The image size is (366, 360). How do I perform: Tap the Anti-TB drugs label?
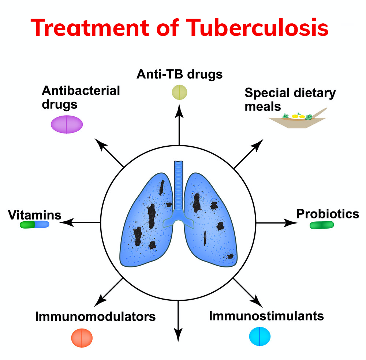[179, 74]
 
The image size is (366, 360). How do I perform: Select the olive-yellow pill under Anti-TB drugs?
[179, 92]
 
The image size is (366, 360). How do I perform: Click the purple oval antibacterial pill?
[67, 124]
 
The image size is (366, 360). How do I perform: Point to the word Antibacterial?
[81, 90]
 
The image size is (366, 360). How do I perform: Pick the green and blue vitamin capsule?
[34, 224]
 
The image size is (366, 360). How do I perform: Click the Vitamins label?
[34, 215]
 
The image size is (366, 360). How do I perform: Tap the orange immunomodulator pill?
[82, 338]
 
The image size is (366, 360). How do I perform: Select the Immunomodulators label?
[95, 316]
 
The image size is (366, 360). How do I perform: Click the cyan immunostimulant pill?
[260, 337]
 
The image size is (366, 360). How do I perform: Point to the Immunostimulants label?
[266, 316]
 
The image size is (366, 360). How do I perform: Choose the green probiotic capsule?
[322, 225]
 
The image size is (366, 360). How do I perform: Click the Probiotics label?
[328, 214]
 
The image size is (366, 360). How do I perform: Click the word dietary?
[315, 93]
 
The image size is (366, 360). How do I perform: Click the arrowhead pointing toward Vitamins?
[67, 222]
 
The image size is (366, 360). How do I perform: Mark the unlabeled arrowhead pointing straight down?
[178, 335]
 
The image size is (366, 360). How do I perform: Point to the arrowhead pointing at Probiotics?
[291, 223]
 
